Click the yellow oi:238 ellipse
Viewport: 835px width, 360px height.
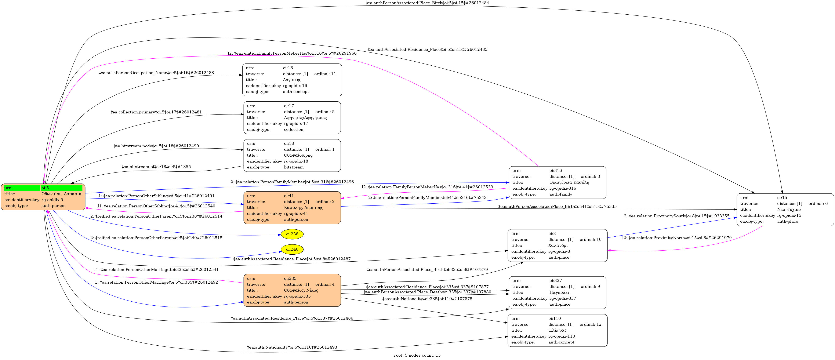[292, 234]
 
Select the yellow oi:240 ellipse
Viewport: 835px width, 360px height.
[292, 249]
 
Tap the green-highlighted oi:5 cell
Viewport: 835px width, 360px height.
[61, 188]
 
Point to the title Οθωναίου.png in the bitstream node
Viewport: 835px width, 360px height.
[298, 155]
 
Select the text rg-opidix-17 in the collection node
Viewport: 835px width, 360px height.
[296, 123]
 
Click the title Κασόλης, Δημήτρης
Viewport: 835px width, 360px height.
[303, 207]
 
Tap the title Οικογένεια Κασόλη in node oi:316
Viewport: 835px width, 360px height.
[569, 182]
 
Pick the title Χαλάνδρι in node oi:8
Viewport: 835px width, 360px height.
[558, 245]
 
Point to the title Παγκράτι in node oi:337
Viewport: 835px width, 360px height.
[559, 292]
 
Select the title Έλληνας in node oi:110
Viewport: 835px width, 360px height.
[558, 330]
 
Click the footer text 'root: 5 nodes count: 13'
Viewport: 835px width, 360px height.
[417, 355]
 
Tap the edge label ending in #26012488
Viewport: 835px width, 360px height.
[156, 73]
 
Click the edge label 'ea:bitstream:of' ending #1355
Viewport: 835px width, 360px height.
[156, 167]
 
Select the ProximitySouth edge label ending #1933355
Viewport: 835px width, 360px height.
[676, 216]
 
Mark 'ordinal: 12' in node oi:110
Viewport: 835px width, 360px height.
[590, 324]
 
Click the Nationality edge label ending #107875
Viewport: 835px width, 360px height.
[427, 299]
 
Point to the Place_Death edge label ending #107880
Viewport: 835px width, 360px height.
[427, 292]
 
